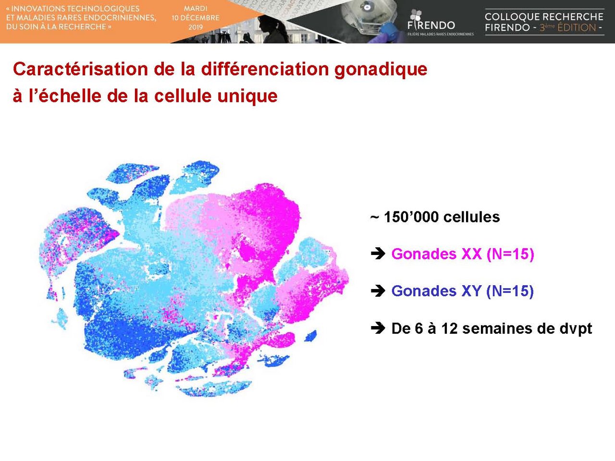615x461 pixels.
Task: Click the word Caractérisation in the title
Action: click(80, 69)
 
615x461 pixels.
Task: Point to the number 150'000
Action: click(410, 217)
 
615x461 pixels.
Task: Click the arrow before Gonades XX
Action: click(378, 254)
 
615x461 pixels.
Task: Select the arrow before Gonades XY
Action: click(378, 291)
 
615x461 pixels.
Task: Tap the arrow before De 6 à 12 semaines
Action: click(378, 328)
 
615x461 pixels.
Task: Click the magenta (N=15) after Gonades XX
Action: click(510, 255)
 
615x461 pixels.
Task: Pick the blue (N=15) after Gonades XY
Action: click(510, 291)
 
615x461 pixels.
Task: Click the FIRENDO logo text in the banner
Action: click(431, 25)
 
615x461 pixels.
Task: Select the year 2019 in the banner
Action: click(196, 27)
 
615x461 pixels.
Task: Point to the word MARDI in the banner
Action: click(196, 9)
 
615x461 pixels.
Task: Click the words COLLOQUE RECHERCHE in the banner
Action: click(544, 17)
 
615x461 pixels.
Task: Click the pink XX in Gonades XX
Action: click(471, 254)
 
